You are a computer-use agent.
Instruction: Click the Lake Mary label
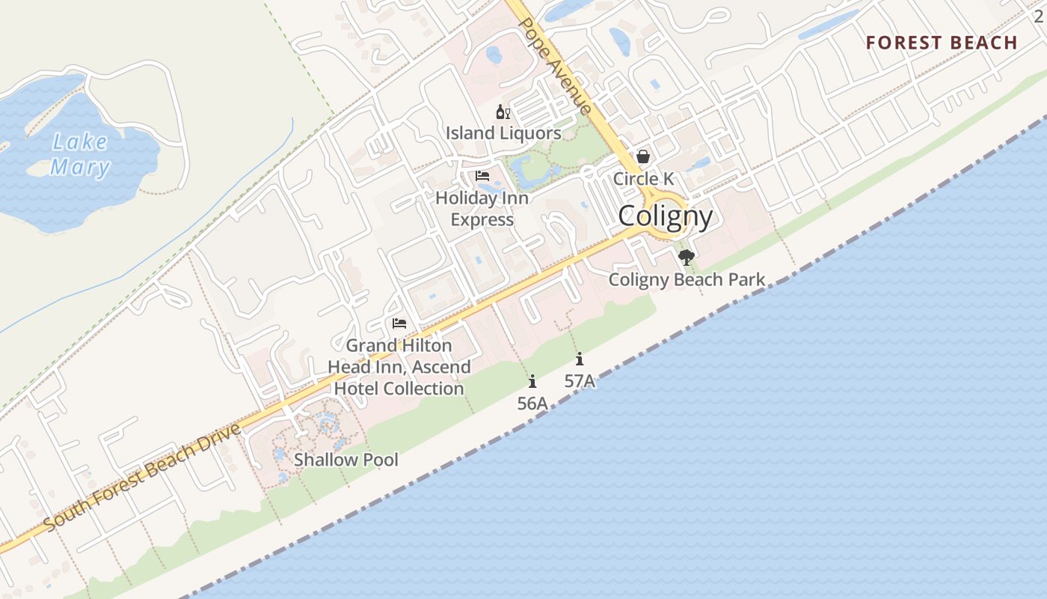coord(80,154)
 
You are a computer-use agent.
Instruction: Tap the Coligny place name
coord(665,216)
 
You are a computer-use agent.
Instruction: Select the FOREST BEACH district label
coord(942,43)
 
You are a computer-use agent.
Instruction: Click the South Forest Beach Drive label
coord(142,477)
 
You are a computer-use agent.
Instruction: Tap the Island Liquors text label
coord(503,133)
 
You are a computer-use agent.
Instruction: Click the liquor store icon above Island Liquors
coord(503,112)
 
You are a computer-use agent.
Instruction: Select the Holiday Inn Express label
coord(482,209)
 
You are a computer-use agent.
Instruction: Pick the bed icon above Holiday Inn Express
coord(482,176)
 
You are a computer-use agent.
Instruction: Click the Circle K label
coord(643,179)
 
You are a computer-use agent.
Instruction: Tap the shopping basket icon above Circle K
coord(642,156)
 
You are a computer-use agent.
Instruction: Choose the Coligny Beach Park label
coord(687,280)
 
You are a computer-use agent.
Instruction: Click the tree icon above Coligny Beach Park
coord(686,258)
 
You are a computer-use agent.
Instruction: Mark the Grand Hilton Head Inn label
coord(399,367)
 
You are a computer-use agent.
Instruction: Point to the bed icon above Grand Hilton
coord(399,323)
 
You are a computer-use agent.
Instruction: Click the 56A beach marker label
coord(532,404)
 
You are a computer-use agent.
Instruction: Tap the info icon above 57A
coord(580,359)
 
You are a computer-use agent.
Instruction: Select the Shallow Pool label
coord(346,460)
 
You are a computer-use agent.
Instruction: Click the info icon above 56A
coord(532,381)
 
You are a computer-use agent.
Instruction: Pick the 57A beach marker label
coord(580,381)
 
